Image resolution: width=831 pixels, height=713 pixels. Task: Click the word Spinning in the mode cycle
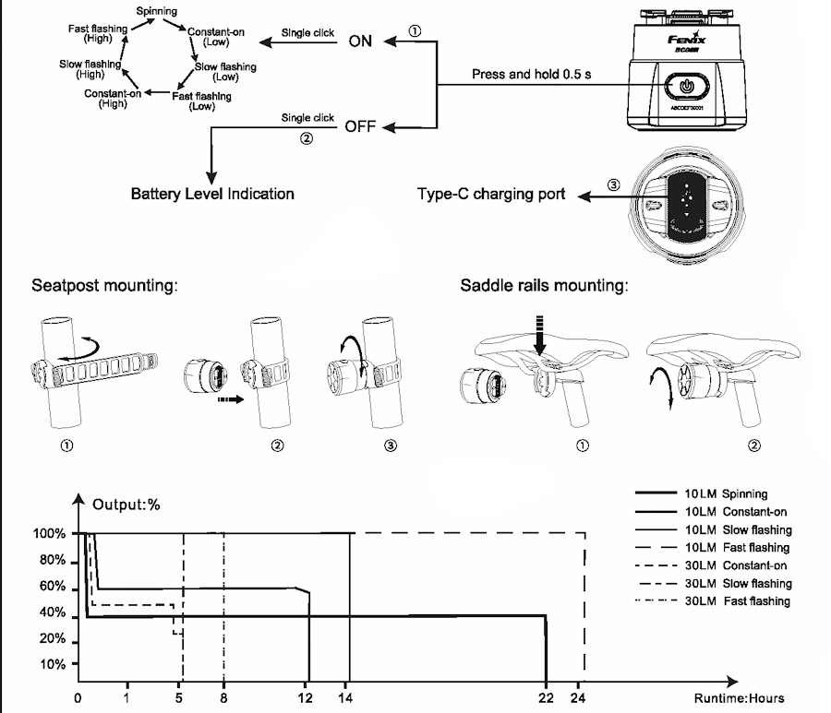[156, 11]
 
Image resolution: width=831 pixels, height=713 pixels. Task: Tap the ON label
[360, 42]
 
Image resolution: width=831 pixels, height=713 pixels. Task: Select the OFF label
[360, 126]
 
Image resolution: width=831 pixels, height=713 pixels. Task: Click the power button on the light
[684, 87]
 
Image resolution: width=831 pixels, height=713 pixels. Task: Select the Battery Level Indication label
[212, 195]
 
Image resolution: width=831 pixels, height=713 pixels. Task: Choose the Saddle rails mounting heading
[545, 286]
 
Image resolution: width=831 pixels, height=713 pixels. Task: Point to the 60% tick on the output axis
[51, 588]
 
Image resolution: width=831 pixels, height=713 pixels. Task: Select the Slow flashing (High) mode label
[90, 68]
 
